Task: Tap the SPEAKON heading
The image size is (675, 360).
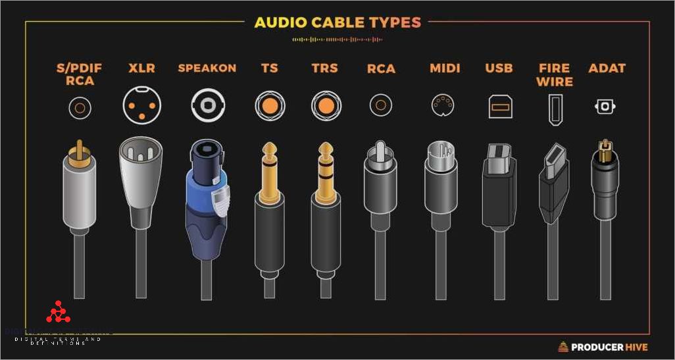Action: tap(207, 68)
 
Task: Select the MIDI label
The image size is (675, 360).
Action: tap(445, 68)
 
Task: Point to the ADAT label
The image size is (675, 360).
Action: tap(607, 68)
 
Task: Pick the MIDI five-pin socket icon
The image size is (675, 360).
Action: tap(441, 105)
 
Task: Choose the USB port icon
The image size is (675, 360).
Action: tap(498, 106)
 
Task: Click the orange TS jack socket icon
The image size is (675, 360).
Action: tap(270, 105)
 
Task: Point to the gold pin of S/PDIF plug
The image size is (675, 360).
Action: tap(79, 148)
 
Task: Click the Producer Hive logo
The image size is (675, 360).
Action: tap(603, 347)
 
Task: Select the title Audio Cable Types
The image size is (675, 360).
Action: tap(337, 22)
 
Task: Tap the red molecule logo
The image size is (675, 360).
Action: tap(58, 314)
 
